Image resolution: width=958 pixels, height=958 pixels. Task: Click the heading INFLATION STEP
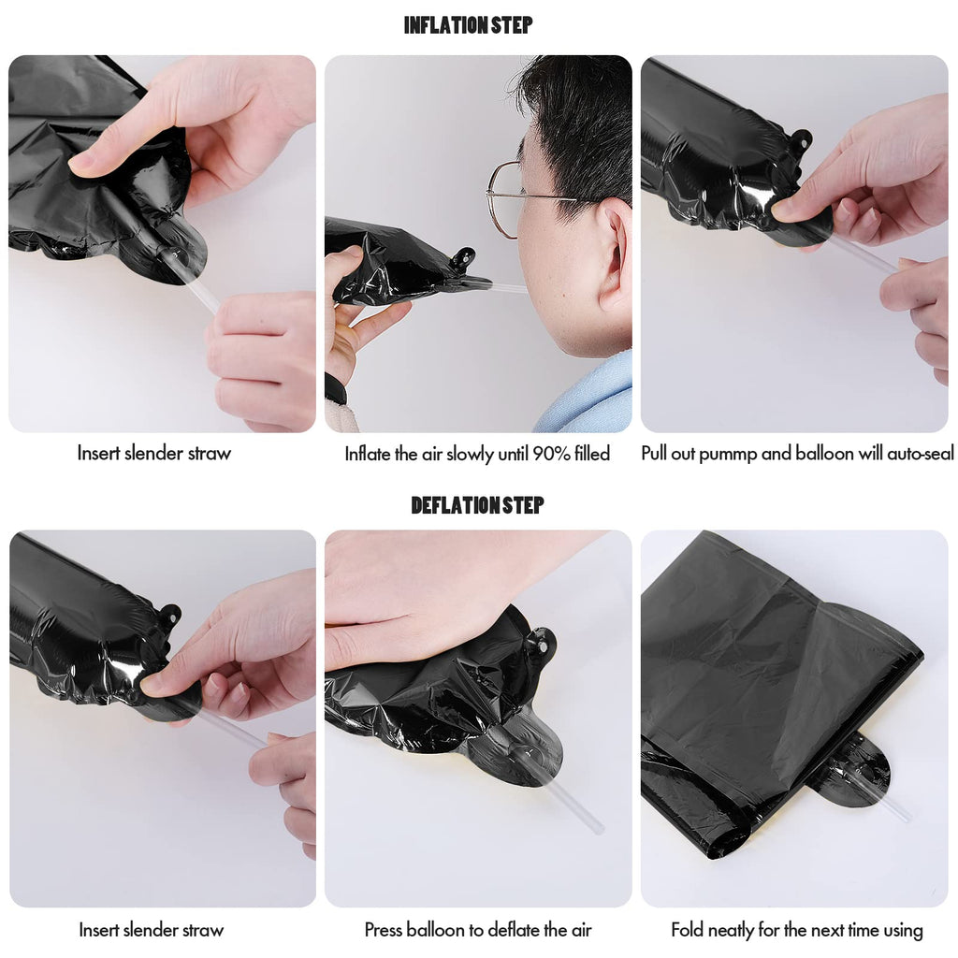click(468, 25)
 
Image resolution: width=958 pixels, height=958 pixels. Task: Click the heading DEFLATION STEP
click(477, 505)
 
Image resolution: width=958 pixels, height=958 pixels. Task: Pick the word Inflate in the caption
click(367, 454)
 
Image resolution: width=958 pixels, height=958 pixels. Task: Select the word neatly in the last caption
click(731, 931)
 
